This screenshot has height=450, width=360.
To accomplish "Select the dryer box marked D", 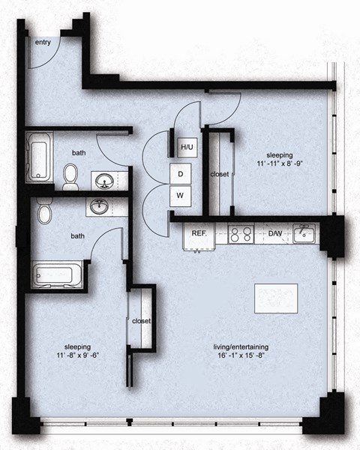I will pos(181,172).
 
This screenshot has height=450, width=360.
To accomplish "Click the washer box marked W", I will pos(181,196).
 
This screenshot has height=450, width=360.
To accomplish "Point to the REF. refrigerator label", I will pos(199,233).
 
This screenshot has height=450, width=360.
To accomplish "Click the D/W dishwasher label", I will pos(275,233).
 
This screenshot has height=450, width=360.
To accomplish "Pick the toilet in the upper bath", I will pos(71,177).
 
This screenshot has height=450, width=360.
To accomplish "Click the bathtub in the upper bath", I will pos(37,157).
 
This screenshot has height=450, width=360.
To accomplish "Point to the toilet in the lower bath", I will pos(43,212).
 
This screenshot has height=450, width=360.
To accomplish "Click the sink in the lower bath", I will pos(99,205).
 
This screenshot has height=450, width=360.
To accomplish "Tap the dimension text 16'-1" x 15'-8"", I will pos(241,358).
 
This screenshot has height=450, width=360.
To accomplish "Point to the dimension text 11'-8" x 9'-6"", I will pos(77,357).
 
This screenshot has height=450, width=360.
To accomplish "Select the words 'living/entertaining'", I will pos(241,347).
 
